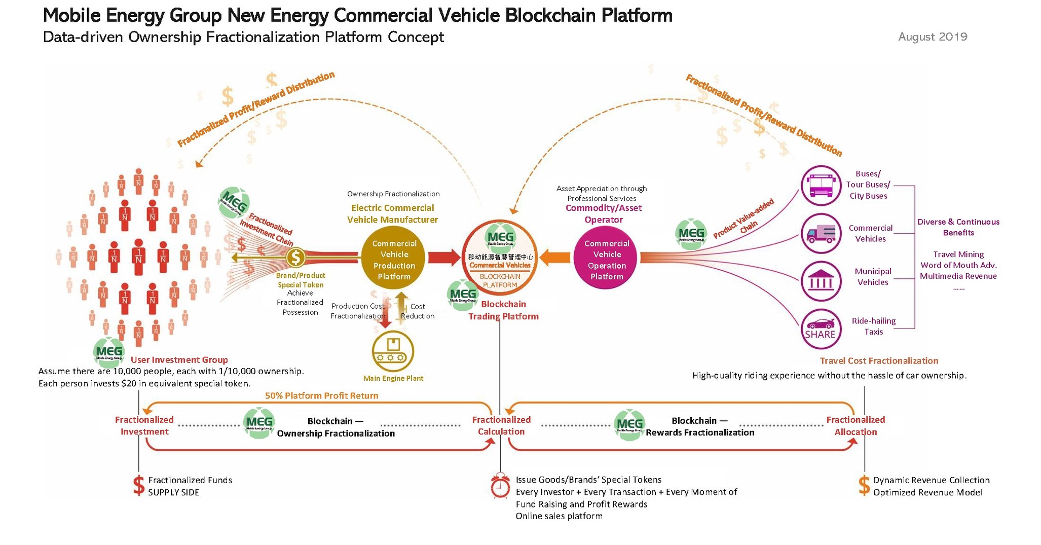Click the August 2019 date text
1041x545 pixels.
[x=932, y=37]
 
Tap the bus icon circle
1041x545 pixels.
[x=821, y=186]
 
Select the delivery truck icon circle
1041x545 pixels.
[x=821, y=234]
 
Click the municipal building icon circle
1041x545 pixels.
[x=821, y=281]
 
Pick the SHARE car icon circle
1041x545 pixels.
[x=821, y=329]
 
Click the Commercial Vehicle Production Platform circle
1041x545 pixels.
[x=394, y=260]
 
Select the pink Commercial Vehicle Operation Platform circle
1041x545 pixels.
[x=606, y=260]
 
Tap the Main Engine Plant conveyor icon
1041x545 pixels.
[x=393, y=351]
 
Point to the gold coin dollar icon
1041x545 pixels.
[x=295, y=258]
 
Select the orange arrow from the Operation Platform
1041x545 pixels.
[x=555, y=258]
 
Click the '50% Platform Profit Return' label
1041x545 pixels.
[x=321, y=395]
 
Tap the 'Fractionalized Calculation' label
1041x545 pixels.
[x=501, y=426]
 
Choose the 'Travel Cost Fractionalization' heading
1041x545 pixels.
[x=879, y=361]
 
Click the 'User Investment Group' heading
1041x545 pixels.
[x=179, y=360]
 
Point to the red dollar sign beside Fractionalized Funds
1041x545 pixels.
[x=138, y=486]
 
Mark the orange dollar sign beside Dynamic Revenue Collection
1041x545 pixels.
[x=864, y=486]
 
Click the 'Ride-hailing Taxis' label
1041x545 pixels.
[x=873, y=326]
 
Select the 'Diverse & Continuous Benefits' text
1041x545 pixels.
[x=958, y=227]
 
